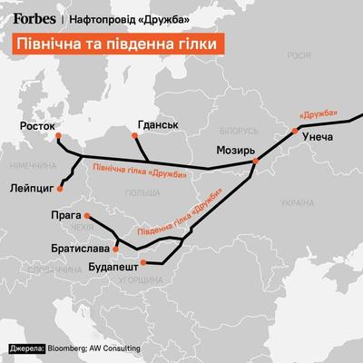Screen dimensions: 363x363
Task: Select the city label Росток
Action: coord(37,126)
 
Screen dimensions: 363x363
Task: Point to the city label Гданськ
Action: coord(155,123)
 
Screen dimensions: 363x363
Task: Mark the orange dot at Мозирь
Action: coord(257,161)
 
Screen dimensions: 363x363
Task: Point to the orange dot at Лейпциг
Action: coord(59,191)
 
